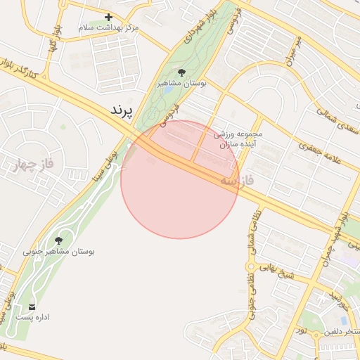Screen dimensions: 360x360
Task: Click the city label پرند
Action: pyautogui.click(x=122, y=111)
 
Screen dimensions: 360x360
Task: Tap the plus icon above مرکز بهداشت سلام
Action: pyautogui.click(x=108, y=17)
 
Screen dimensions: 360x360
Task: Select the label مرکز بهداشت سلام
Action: pyautogui.click(x=108, y=27)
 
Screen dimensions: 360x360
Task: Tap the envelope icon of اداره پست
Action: pyautogui.click(x=32, y=307)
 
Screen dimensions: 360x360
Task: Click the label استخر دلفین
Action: pyautogui.click(x=342, y=330)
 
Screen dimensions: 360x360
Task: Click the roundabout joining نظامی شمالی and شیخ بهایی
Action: pyautogui.click(x=249, y=266)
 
